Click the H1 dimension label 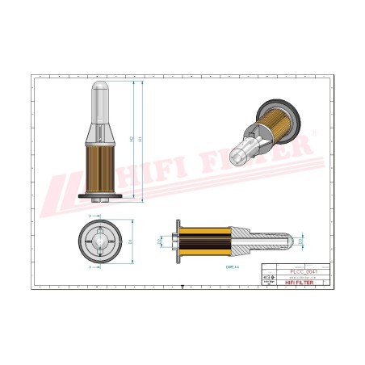pos(140,140)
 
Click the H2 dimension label pos(131,140)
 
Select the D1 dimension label pos(130,241)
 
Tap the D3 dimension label pos(301,241)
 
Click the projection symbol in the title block pos(270,277)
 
